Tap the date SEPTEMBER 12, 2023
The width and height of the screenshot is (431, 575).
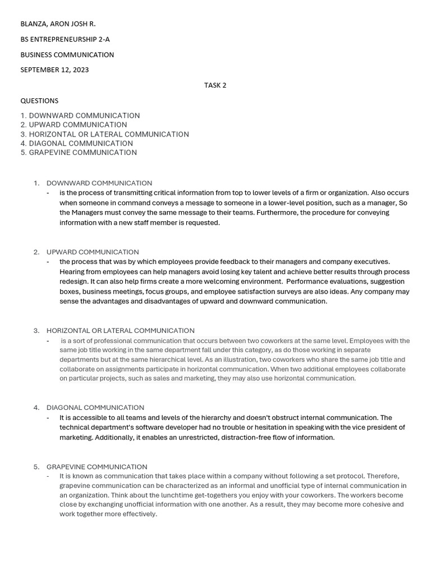[54, 70]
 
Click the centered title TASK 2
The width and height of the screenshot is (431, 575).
[215, 85]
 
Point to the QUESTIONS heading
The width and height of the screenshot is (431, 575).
[39, 101]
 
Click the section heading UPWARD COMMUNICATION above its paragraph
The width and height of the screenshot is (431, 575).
[93, 252]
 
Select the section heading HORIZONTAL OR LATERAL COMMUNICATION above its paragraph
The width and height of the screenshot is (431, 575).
[120, 331]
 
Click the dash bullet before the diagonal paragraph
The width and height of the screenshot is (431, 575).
[48, 418]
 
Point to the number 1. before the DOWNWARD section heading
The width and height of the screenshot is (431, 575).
[36, 183]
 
